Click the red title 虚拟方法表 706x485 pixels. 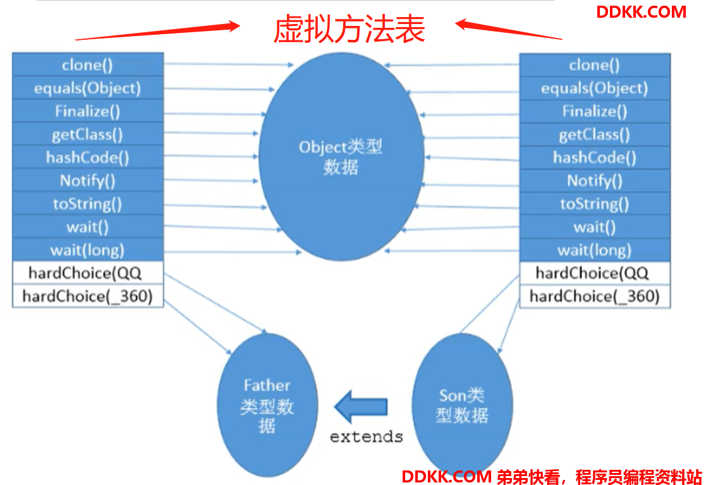coord(349,29)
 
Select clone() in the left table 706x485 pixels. coord(87,65)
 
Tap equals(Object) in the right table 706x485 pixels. coord(594,89)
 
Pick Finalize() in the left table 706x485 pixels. coord(87,111)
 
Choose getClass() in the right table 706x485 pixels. coord(594,135)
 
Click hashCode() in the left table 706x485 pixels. coord(87,157)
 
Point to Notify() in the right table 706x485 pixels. coord(594,181)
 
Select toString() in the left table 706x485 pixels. coord(87,204)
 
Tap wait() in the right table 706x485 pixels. coord(594,227)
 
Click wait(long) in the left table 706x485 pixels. coord(87,250)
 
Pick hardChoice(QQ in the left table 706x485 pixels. coord(85,273)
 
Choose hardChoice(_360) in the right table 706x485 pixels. coord(594,297)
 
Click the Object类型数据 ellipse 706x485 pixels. coord(341,157)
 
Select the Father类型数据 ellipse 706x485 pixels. coord(267,405)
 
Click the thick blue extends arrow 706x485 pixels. coord(361,407)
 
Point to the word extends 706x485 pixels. coord(366,436)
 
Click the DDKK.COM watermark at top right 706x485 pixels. coord(641,12)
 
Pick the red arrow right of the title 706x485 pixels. coord(509,29)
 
